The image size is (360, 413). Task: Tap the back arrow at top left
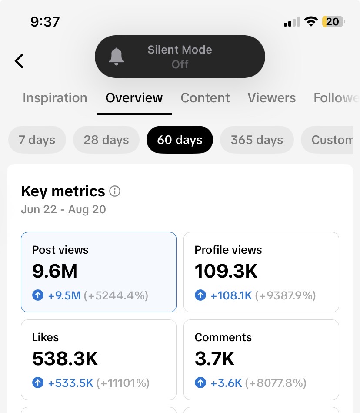tap(19, 61)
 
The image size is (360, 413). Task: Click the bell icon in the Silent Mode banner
tap(116, 57)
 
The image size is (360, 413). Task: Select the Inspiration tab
tap(55, 98)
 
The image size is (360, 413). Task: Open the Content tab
tap(205, 98)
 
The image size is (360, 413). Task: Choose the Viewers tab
tap(272, 98)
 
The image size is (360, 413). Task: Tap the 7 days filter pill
tap(37, 140)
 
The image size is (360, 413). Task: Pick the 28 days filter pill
tap(107, 140)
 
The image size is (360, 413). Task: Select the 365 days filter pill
tap(257, 140)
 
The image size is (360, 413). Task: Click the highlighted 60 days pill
tap(180, 140)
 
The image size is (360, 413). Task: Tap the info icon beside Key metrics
tap(115, 191)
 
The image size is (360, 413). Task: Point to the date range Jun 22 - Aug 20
tap(63, 209)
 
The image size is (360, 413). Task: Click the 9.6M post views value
tap(55, 271)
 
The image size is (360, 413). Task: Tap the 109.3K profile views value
tap(226, 271)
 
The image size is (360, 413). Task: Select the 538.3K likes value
tap(65, 359)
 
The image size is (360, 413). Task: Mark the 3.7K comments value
tap(214, 359)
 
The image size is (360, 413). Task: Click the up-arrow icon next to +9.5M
tap(38, 295)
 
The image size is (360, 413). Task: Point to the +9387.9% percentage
tap(286, 295)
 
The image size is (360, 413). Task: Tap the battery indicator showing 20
tap(333, 22)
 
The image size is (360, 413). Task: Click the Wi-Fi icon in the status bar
tap(311, 21)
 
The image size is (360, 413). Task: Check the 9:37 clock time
tap(45, 22)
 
